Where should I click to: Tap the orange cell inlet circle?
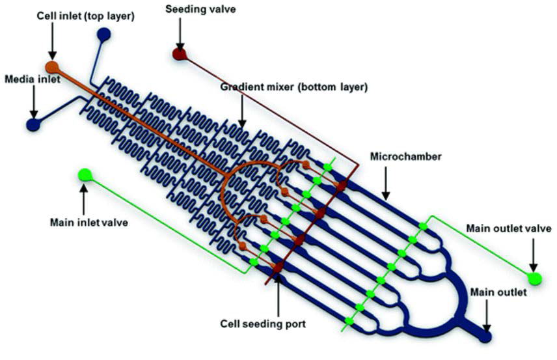click(51, 66)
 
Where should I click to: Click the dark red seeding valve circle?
click(179, 53)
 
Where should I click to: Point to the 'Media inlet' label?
click(33, 79)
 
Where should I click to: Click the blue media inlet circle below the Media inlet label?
click(33, 124)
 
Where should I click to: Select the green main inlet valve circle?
click(85, 174)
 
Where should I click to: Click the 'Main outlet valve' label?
click(509, 228)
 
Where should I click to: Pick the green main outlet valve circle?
click(534, 279)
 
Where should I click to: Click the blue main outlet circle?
click(485, 336)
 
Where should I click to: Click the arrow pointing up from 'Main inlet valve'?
click(84, 198)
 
